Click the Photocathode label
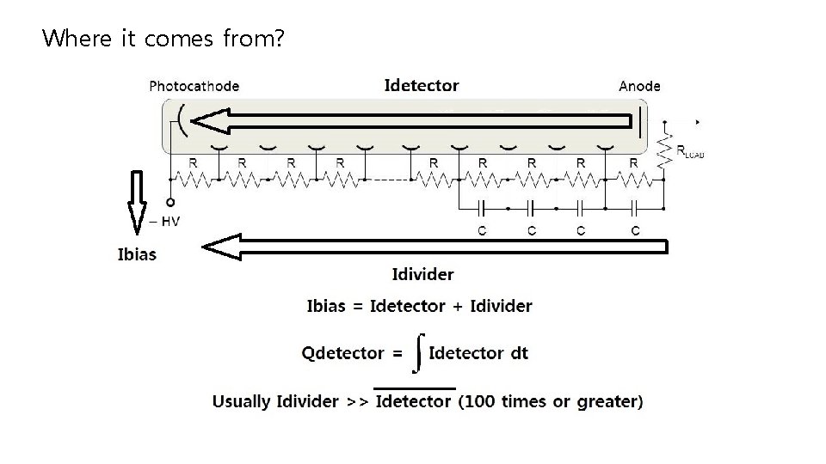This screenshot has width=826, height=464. pos(194,86)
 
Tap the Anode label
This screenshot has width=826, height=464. pos(639,86)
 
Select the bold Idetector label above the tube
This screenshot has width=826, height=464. pos(422,85)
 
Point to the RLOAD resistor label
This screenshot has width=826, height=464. pos(690,152)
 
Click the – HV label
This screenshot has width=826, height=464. pos(164,221)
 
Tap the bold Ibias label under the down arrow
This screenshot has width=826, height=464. pos(137,253)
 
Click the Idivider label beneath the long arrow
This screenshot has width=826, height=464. pos(422,275)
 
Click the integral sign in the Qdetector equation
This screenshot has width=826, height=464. pos(417,353)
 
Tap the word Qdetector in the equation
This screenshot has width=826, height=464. pos(342,353)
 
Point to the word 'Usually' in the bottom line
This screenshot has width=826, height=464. pos(242,401)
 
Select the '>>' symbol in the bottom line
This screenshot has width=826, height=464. pos(357,401)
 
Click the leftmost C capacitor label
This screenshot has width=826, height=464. pos(482,230)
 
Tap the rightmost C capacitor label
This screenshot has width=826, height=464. pos(635,230)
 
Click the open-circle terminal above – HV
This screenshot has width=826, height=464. pos(170,204)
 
